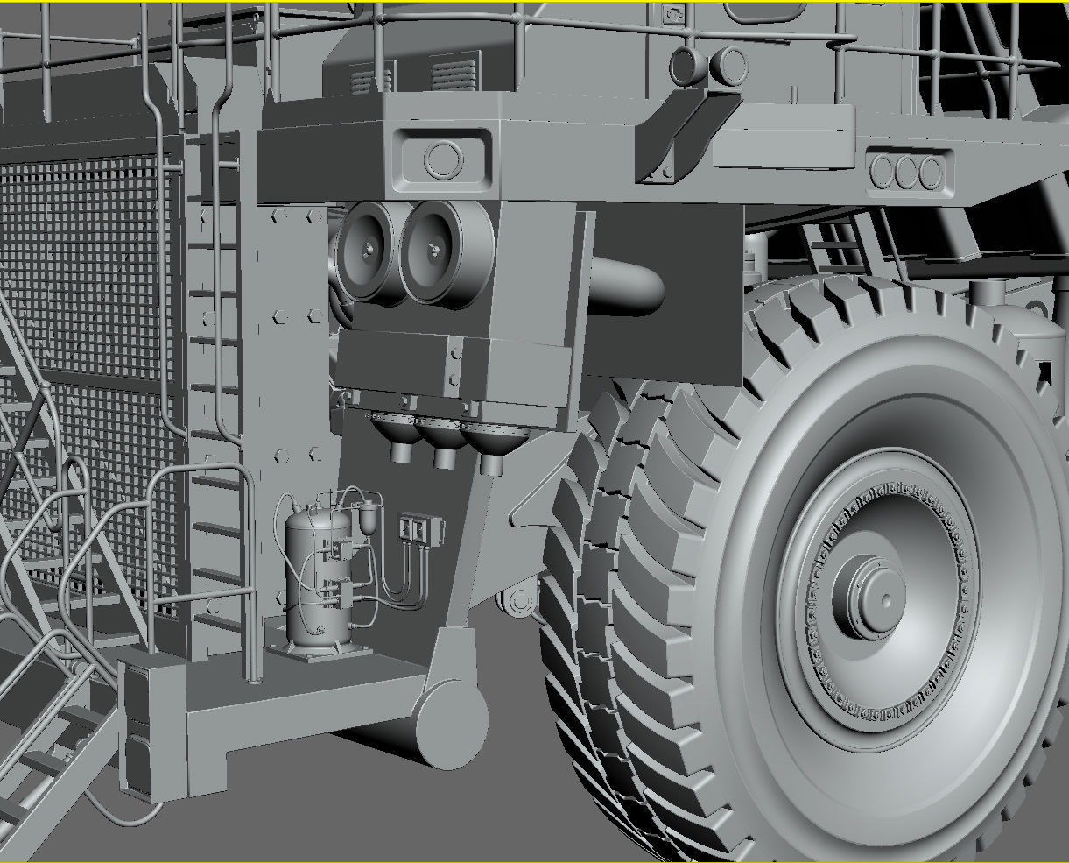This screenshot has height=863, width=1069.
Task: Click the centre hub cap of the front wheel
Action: pyautogui.click(x=878, y=598)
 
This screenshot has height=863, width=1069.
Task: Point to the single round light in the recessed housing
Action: pyautogui.click(x=443, y=159)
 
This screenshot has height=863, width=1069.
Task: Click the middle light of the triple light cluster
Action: pyautogui.click(x=907, y=172)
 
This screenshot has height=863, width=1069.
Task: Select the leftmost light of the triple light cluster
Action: pyautogui.click(x=883, y=172)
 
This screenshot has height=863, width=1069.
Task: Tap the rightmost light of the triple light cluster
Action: pyautogui.click(x=932, y=172)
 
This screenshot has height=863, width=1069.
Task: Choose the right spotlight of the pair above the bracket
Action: pyautogui.click(x=728, y=63)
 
